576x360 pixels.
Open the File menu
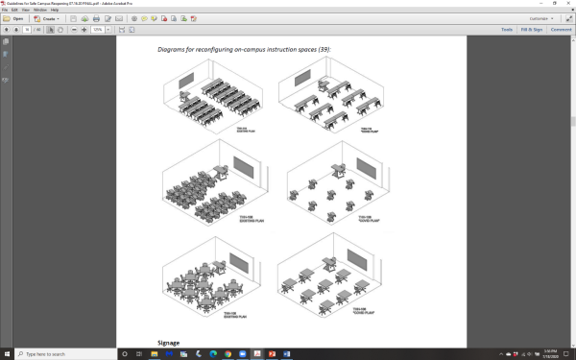[x=6, y=10]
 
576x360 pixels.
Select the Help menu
[x=55, y=10]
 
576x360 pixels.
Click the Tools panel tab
[x=505, y=30]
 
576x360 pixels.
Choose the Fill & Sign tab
[x=531, y=30]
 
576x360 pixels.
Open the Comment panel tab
[x=561, y=30]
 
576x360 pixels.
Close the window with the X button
[x=567, y=4]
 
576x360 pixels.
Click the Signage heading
[x=168, y=342]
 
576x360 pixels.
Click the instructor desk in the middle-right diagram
[x=339, y=171]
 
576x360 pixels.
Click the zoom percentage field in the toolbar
[x=98, y=30]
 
